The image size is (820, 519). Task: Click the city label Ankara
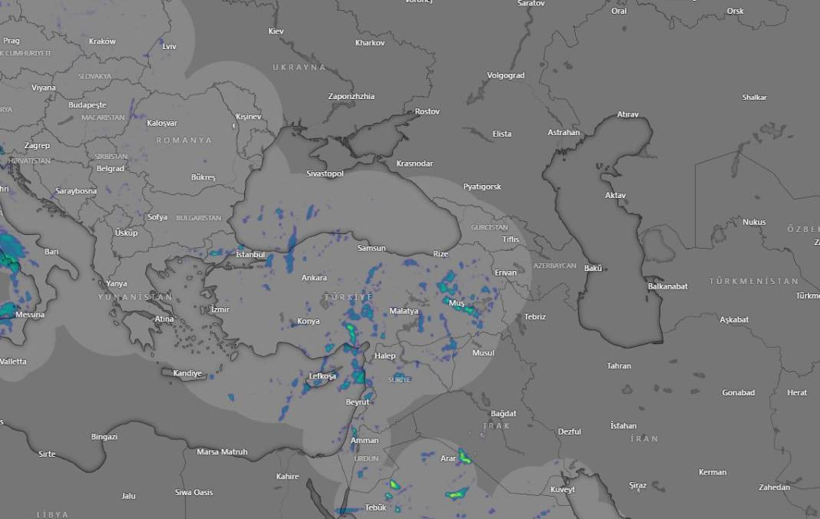point(314,278)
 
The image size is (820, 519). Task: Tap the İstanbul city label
point(250,254)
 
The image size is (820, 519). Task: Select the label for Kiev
point(276,31)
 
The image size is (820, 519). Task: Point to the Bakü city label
point(594,268)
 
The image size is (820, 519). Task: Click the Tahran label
point(619,366)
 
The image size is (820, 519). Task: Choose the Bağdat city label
point(504,414)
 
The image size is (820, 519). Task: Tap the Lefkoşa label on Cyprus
point(322,376)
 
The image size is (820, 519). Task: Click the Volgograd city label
point(506,75)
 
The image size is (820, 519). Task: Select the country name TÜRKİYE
point(348,296)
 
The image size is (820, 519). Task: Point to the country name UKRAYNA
point(299,68)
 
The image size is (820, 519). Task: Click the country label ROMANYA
point(184,140)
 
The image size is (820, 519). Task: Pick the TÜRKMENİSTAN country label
point(753,281)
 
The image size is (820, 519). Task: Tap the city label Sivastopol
point(325,174)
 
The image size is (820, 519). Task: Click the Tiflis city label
point(511,240)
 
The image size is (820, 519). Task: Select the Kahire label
point(287,477)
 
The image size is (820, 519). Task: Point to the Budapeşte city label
point(87,104)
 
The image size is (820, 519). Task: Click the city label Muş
point(457,303)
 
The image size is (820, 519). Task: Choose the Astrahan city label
point(564,133)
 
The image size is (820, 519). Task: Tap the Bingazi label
point(104,437)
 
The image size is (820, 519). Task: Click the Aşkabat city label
point(734,319)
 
